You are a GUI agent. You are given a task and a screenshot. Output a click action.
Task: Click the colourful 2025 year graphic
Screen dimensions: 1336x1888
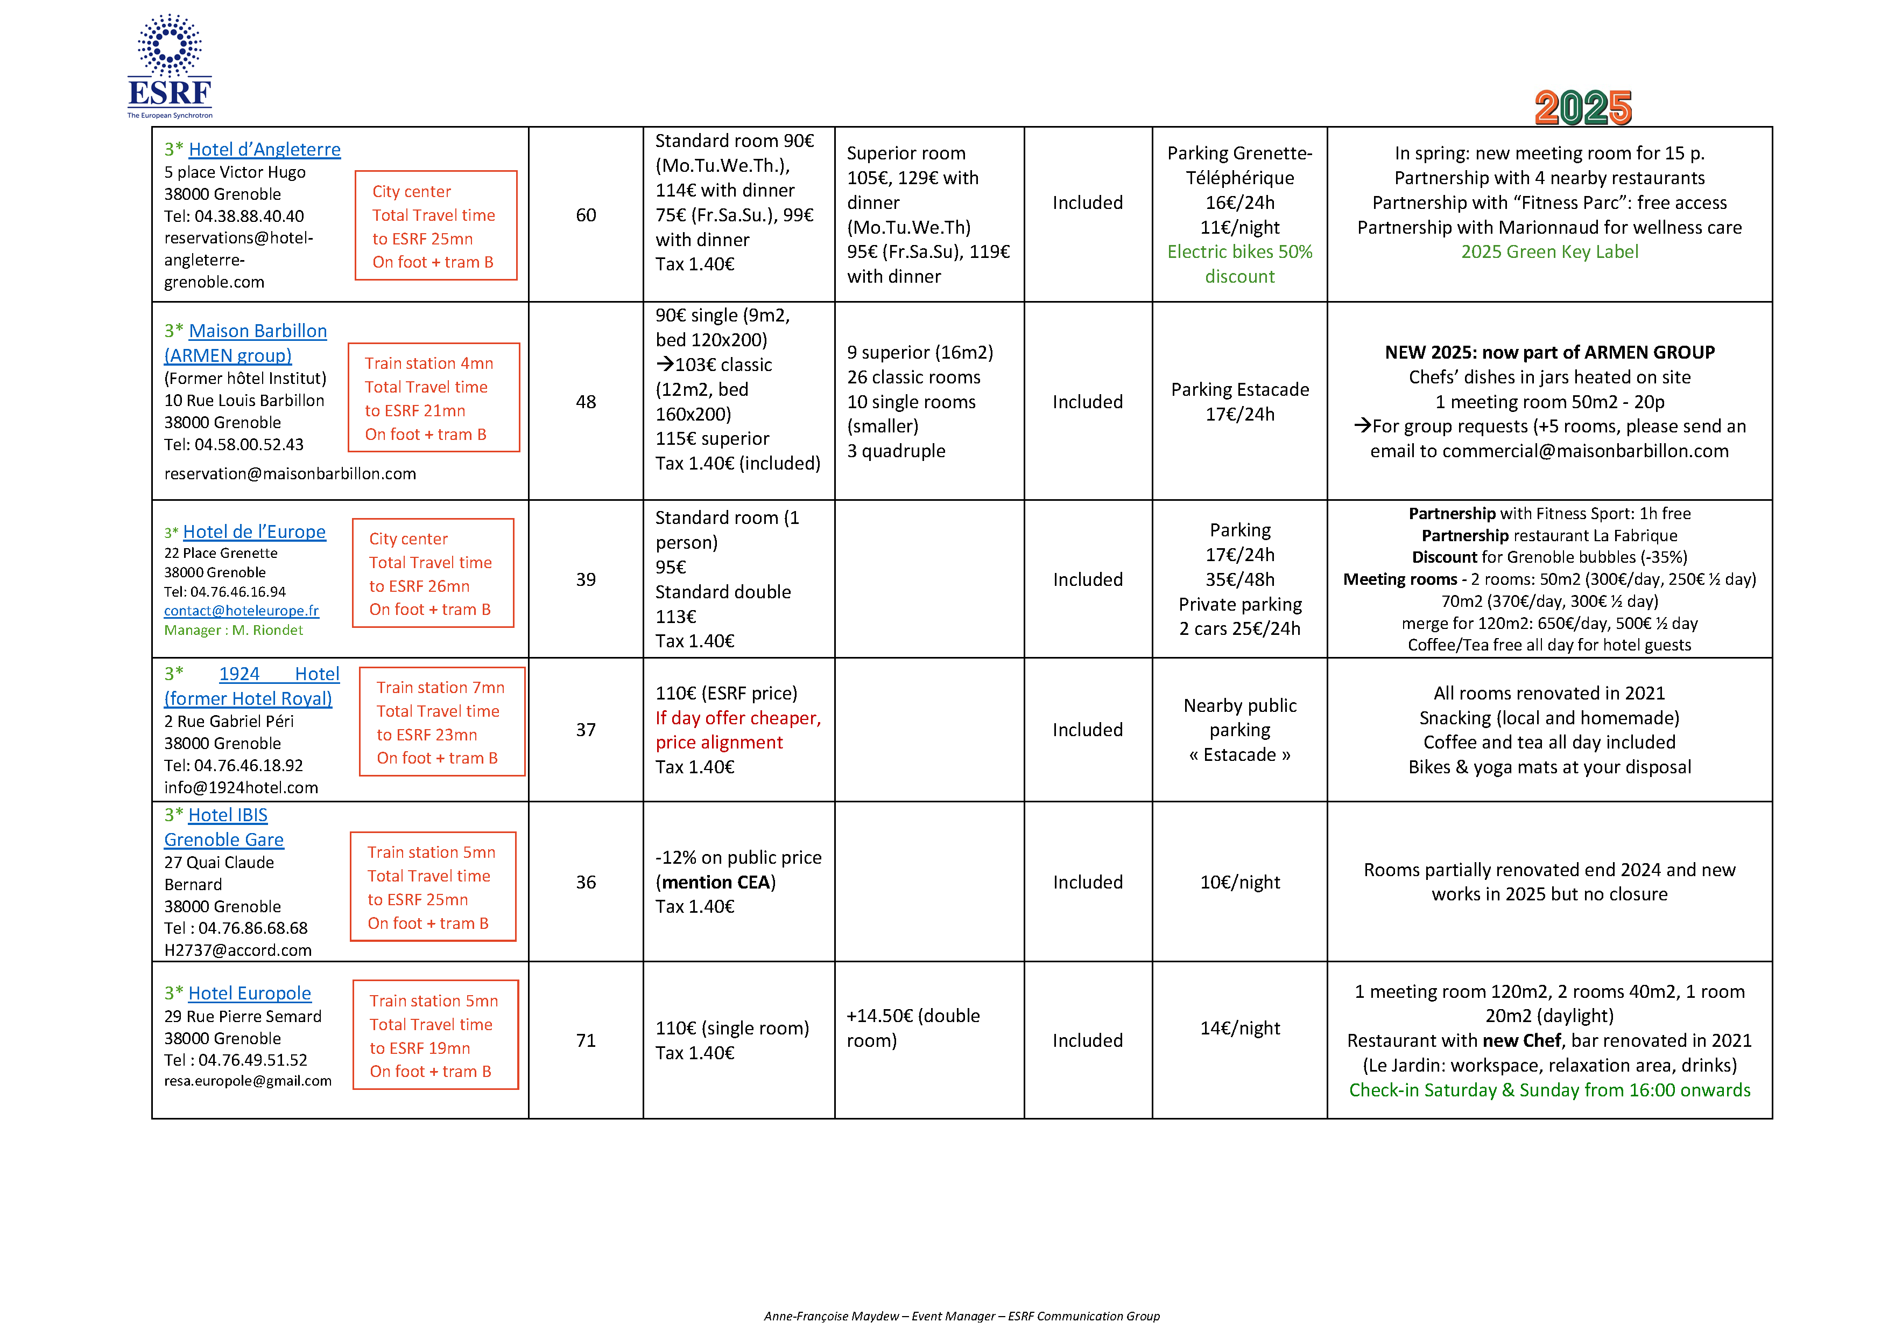pos(1582,108)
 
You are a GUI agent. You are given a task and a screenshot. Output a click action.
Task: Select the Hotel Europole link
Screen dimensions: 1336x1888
pos(249,993)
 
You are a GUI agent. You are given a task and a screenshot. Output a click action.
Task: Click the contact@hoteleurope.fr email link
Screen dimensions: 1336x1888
pos(241,611)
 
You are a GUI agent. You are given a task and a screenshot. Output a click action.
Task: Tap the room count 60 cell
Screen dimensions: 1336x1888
pos(586,215)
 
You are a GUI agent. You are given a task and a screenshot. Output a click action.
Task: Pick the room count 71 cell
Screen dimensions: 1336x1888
pos(586,1041)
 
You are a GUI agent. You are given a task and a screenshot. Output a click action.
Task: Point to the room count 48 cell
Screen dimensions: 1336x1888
pos(586,402)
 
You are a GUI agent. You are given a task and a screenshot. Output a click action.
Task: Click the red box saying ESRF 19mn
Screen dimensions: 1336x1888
pos(435,1035)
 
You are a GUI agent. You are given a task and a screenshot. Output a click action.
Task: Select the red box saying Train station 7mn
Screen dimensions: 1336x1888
pos(441,722)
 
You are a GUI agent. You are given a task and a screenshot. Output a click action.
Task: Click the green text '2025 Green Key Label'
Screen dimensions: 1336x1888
pos(1549,251)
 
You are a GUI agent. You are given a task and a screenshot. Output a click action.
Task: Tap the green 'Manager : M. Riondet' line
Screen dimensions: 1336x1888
pos(234,630)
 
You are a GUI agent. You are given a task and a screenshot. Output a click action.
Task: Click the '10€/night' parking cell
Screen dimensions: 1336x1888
pos(1239,882)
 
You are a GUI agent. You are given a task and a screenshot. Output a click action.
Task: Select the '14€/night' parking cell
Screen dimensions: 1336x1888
pos(1239,1029)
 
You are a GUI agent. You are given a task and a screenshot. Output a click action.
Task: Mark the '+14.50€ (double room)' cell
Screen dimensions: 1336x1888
pos(913,1029)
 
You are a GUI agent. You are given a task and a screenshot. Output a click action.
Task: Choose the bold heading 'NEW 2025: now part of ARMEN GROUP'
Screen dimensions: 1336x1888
pos(1549,352)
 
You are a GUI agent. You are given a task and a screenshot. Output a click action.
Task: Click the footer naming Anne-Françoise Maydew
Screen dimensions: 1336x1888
pos(961,1316)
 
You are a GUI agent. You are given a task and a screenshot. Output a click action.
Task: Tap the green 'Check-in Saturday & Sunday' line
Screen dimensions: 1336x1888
pos(1549,1090)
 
